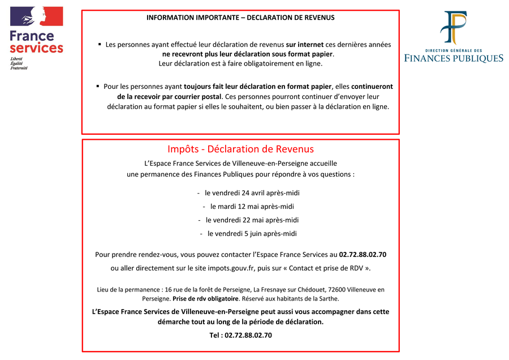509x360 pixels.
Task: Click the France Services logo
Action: point(36,32)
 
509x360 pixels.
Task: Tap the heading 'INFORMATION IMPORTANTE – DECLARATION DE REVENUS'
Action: point(240,18)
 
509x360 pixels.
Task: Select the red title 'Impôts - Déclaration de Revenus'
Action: point(240,149)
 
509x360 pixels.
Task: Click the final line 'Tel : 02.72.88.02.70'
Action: point(240,335)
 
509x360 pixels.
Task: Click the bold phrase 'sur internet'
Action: point(304,44)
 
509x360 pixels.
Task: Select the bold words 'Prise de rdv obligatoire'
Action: point(205,298)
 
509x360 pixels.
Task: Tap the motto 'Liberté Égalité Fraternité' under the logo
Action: point(19,63)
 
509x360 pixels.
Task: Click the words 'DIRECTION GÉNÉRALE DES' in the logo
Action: point(453,50)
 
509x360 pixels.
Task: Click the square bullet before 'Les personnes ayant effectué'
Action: point(100,44)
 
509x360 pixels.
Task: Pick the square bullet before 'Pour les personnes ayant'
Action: point(98,86)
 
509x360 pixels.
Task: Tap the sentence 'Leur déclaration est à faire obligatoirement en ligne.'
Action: point(240,63)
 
